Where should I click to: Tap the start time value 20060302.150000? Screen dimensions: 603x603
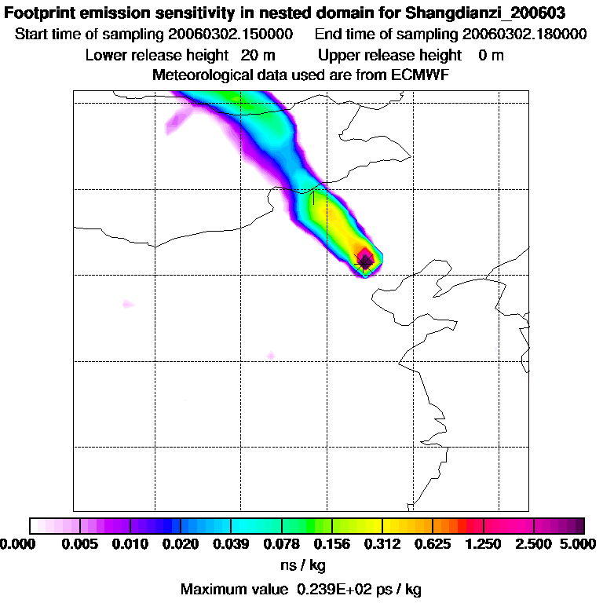click(232, 35)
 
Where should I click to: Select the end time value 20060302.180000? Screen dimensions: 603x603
click(525, 35)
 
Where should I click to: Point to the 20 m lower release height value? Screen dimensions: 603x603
click(258, 55)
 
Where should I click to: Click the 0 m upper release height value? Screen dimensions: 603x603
click(491, 55)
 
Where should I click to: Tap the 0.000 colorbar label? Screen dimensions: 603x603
click(17, 545)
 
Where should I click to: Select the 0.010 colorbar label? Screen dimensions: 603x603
click(130, 545)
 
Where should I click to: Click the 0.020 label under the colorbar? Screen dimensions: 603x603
click(181, 545)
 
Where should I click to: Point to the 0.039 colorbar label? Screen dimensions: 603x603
click(231, 545)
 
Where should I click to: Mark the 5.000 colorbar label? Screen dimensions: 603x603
click(579, 545)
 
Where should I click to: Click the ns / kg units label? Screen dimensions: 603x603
click(302, 565)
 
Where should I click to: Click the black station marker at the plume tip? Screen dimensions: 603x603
click(365, 263)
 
